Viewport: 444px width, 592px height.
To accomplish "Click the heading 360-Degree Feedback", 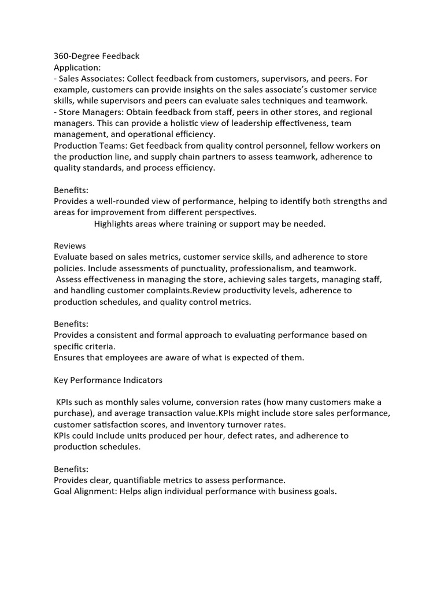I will click(97, 56).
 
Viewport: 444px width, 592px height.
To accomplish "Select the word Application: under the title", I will click(77, 67).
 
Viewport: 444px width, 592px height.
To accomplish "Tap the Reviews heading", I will click(70, 246).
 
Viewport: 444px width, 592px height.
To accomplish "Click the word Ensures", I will click(71, 357).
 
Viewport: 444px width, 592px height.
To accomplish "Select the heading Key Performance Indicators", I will click(108, 380).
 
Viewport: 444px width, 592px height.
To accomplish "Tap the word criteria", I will click(99, 346).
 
